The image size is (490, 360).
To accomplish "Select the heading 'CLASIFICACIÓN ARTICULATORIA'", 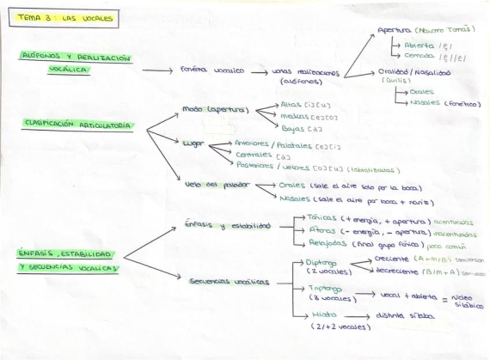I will pos(77,124).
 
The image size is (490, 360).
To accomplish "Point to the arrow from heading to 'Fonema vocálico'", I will pos(157,70).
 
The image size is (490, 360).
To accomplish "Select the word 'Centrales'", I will pos(254,155).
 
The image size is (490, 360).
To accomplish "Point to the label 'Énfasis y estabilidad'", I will pos(228,225).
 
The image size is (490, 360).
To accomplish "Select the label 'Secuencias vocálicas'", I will pos(228,282).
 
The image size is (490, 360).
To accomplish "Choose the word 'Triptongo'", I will pos(325,288).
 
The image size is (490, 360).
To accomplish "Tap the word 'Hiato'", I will pos(324,316).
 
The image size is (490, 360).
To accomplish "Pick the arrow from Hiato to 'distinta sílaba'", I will pos(357,317).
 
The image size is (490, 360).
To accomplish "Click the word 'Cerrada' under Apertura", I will pos(420,56).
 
